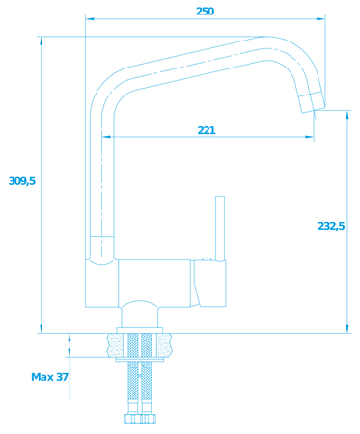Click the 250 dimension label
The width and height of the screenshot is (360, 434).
tap(205, 12)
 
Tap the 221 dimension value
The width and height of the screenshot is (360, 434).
tap(207, 130)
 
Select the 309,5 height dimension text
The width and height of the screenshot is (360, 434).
tap(22, 181)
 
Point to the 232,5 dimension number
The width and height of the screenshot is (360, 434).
tap(331, 226)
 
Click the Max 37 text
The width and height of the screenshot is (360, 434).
tap(50, 377)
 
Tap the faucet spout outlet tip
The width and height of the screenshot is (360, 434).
tap(313, 102)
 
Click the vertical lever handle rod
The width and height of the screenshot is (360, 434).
tap(220, 229)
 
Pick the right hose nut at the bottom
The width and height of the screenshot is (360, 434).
tap(149, 419)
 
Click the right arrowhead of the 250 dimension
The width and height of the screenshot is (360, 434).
tap(320, 19)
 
